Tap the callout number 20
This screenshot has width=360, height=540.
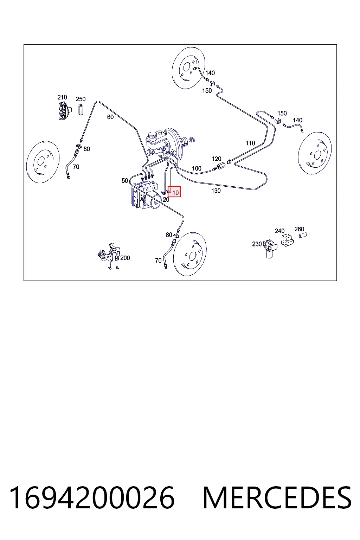pos(166,200)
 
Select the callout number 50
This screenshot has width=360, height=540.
pos(125,181)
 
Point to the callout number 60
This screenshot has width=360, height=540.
pos(110,117)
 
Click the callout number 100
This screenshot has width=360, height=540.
pos(197,168)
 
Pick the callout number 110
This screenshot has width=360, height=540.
pos(250,143)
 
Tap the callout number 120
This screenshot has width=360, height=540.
pos(217,159)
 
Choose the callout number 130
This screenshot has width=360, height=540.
pos(216,191)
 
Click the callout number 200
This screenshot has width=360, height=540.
pos(125,258)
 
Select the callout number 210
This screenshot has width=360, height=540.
pos(62,97)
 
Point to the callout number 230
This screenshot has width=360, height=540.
pos(257,244)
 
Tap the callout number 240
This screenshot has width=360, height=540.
pos(279,231)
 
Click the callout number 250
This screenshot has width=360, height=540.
pos(81,99)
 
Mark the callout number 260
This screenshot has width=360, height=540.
pos(299,229)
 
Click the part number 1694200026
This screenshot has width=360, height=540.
pos(92,498)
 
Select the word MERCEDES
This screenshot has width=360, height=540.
pos(277,498)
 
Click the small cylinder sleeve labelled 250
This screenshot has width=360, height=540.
pos(81,109)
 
